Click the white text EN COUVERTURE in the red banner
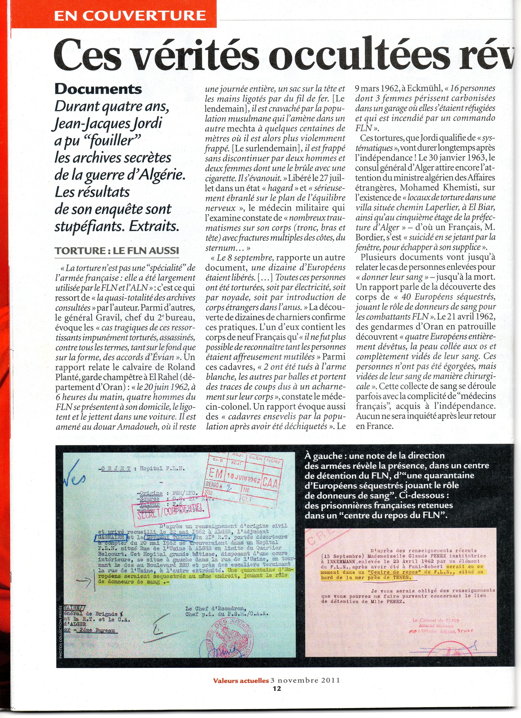[130, 15]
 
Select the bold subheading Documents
[98, 89]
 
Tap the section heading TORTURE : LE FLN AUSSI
[117, 250]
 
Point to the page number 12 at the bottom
[277, 688]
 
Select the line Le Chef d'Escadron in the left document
[215, 608]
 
